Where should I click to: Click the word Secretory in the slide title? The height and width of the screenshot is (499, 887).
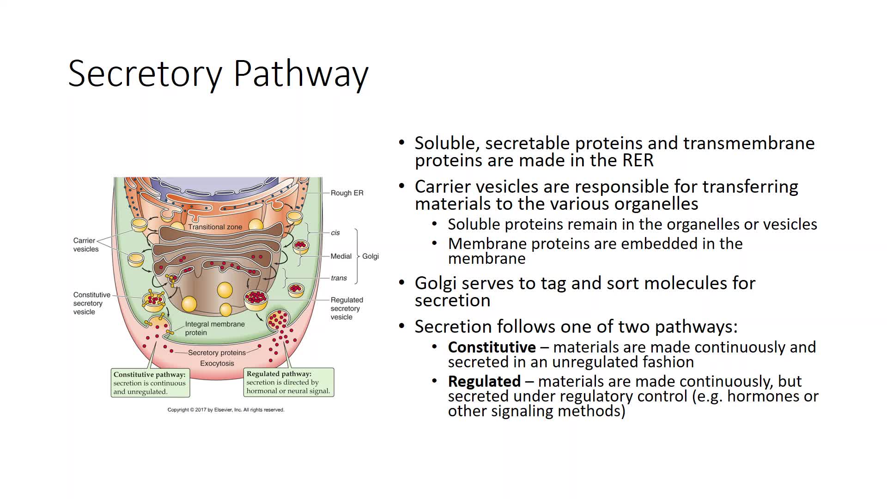tap(145, 74)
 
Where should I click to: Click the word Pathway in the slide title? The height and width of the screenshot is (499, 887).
tap(301, 74)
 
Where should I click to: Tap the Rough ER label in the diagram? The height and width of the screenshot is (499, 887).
tap(347, 193)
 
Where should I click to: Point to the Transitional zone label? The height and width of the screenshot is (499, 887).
tap(215, 227)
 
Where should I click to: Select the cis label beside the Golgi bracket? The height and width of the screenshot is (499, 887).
tap(335, 233)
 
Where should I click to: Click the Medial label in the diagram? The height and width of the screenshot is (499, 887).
tap(341, 256)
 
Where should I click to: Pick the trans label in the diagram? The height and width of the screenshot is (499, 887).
tap(339, 278)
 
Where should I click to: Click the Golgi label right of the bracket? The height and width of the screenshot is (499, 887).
tap(371, 256)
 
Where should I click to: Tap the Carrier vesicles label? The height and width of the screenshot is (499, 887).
tap(86, 245)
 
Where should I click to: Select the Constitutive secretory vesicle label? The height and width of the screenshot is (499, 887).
tap(91, 303)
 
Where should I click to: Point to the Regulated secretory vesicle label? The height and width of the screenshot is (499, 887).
tap(346, 308)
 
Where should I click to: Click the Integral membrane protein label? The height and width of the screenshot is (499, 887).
tap(214, 328)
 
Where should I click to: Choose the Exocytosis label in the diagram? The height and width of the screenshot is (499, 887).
tap(217, 363)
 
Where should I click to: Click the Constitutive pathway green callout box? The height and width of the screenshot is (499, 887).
tap(150, 383)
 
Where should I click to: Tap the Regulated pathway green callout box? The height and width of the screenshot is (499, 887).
tap(288, 382)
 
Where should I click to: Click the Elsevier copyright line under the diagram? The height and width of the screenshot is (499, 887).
tap(225, 410)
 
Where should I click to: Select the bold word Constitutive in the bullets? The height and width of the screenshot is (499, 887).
tap(492, 347)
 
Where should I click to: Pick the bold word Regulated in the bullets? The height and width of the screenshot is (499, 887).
tap(484, 381)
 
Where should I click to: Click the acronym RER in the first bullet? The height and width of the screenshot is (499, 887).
tap(638, 161)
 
